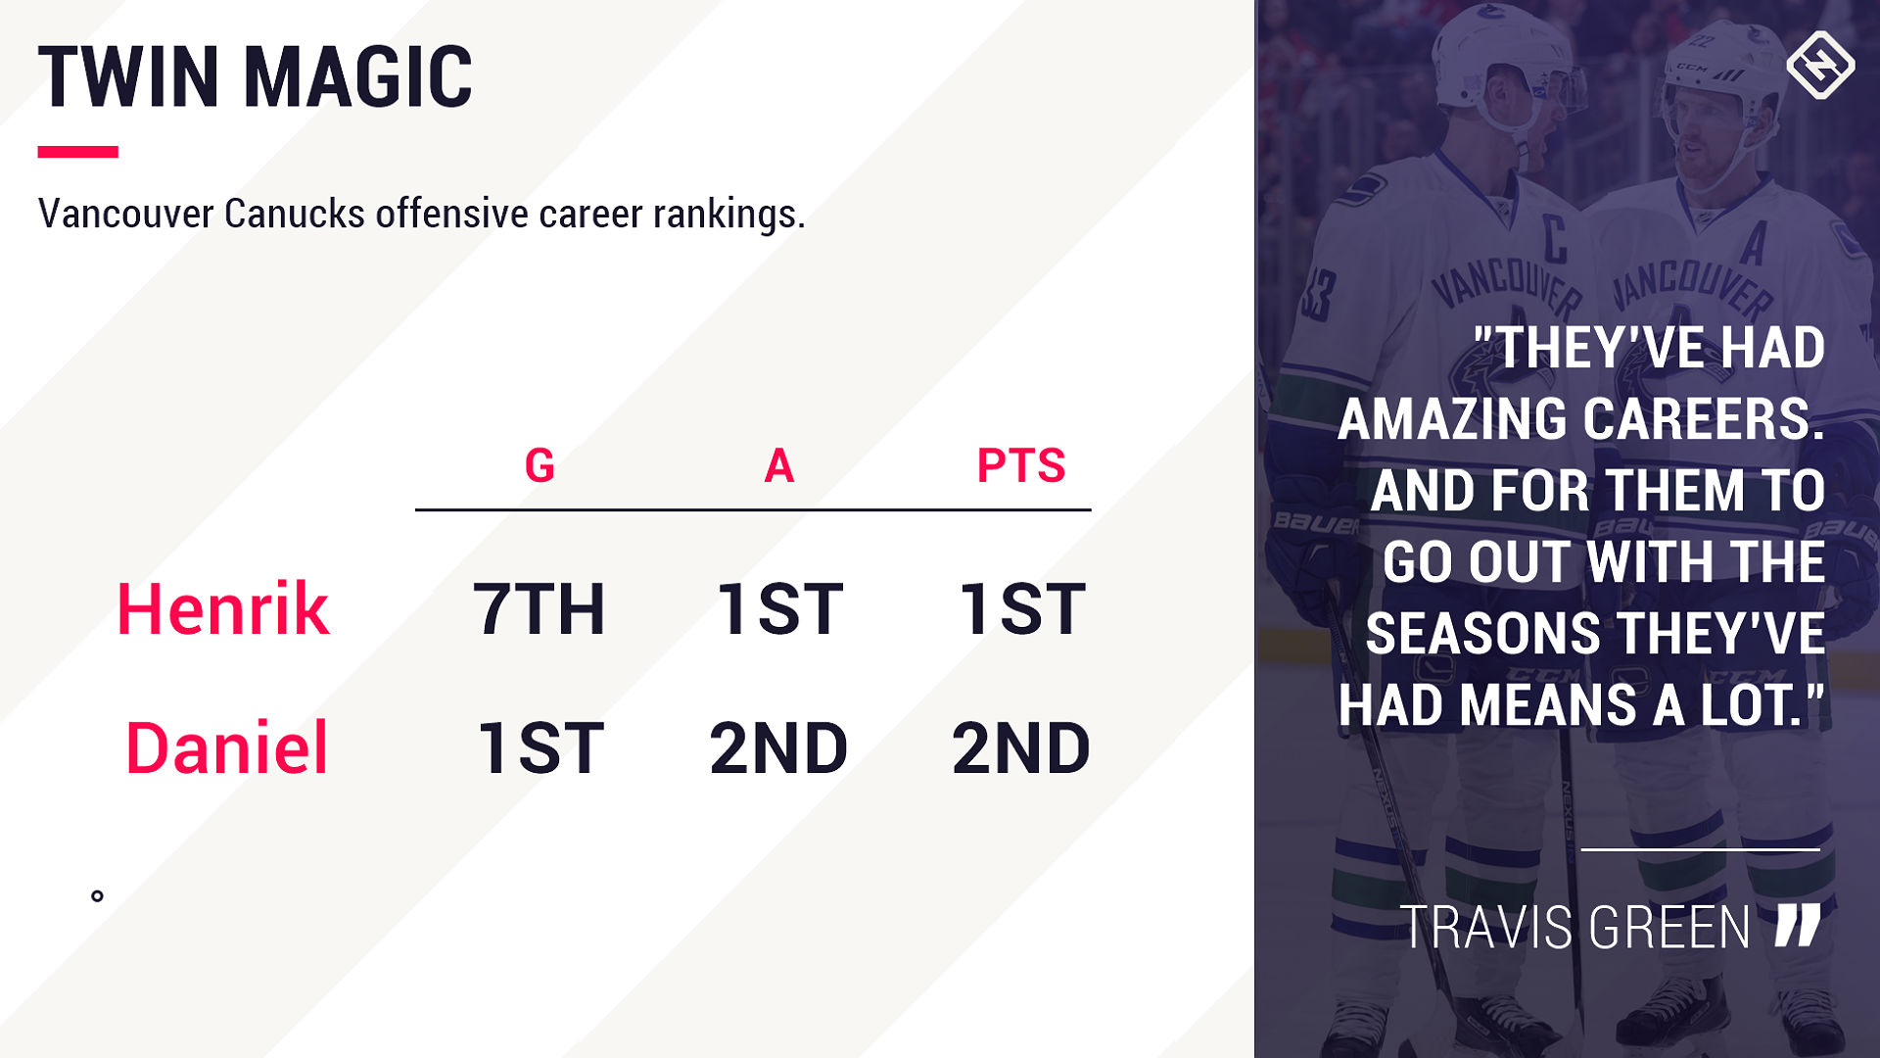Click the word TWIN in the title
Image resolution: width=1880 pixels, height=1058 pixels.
[x=128, y=76]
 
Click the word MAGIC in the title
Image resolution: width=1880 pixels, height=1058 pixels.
[x=358, y=76]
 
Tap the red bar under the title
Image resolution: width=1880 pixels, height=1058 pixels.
[x=78, y=152]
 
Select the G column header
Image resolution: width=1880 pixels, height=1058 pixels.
[x=540, y=465]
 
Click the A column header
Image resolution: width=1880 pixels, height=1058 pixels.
[x=779, y=465]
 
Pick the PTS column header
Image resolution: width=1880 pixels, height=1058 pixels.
[x=1021, y=465]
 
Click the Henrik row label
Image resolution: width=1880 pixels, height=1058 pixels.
[x=223, y=609]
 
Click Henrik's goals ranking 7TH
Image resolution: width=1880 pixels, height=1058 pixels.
[x=540, y=609]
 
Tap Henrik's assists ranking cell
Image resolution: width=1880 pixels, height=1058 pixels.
[x=779, y=609]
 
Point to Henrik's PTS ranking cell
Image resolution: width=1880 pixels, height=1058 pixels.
[x=1021, y=609]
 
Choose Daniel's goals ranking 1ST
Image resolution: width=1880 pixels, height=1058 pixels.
[x=540, y=748]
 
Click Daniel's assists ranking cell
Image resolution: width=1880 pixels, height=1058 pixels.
[x=779, y=748]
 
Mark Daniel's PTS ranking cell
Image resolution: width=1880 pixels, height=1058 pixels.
[x=1021, y=748]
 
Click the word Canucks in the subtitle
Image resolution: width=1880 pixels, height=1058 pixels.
[x=295, y=214]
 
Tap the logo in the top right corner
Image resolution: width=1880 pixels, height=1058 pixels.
[x=1820, y=65]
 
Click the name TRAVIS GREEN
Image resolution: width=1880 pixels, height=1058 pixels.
[x=1575, y=928]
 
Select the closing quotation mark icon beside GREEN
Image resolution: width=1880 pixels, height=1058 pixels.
[x=1798, y=925]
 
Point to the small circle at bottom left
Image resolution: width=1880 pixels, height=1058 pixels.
[x=97, y=895]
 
